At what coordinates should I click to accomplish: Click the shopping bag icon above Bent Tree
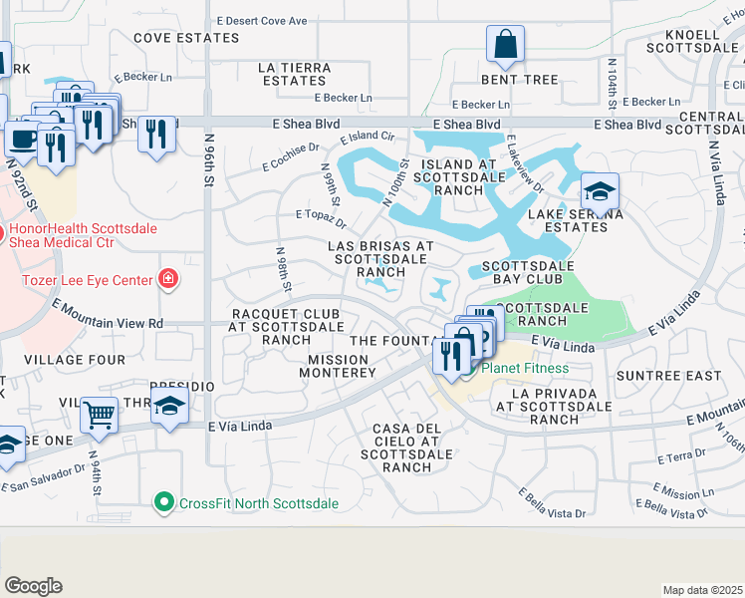[x=506, y=45]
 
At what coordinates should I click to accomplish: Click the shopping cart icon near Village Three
[x=100, y=414]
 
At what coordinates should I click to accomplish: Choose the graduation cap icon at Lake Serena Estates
[x=600, y=191]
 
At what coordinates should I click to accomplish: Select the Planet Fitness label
[x=525, y=369]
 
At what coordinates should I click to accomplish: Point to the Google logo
[x=33, y=586]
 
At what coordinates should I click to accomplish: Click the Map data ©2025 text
[x=702, y=590]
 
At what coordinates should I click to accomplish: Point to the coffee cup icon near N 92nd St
[x=22, y=139]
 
